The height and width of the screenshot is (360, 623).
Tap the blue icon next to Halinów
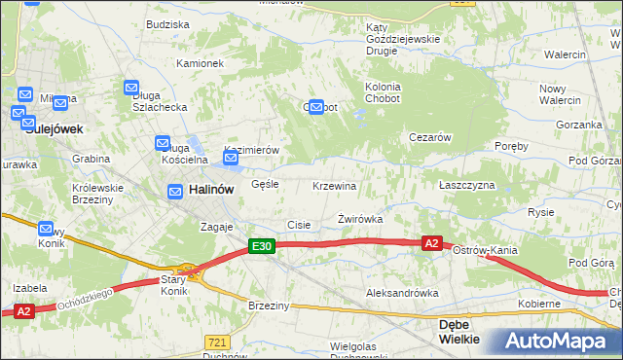coord(175,192)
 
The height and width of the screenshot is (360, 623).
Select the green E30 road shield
coord(261,247)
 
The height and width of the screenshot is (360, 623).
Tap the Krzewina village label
coord(334,186)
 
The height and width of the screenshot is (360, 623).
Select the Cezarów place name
coord(429,137)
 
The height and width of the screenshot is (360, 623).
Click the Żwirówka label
coord(359,220)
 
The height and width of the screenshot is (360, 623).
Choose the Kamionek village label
coord(201,63)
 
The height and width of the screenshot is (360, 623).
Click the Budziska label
coord(167,23)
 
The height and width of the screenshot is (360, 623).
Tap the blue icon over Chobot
coord(316,108)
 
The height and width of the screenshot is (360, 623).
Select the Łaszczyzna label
coord(467,185)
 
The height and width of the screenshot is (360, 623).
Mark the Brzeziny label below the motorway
coord(269,306)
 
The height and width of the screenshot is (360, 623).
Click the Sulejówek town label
coord(55,128)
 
